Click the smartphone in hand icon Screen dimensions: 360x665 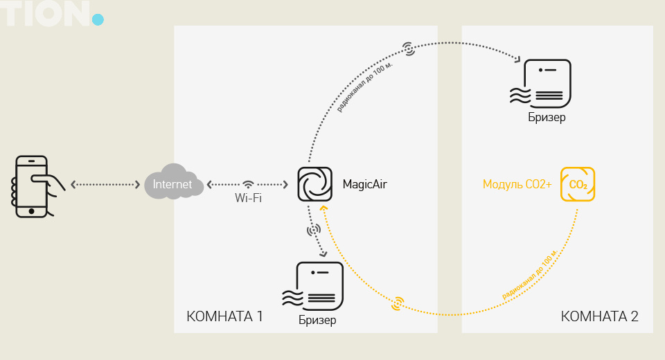point(34,186)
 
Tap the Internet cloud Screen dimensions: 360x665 point(173,183)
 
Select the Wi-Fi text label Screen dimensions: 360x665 point(247,198)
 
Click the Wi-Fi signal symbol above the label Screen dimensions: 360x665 point(248,184)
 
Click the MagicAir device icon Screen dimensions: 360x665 point(314,185)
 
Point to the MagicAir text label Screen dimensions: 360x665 point(365,185)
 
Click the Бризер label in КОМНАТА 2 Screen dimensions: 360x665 point(547,117)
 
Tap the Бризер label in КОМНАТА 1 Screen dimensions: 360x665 point(317,320)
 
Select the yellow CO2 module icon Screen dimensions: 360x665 point(578,185)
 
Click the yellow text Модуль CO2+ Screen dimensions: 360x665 point(517,185)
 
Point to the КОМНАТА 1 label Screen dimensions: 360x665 point(224,317)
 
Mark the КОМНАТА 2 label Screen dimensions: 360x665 point(599,317)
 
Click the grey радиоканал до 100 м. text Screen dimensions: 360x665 point(364,87)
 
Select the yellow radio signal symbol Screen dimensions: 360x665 point(398,303)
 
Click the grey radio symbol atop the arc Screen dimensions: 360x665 point(409,48)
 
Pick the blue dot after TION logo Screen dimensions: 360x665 point(98,19)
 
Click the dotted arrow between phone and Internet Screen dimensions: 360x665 point(105,185)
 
